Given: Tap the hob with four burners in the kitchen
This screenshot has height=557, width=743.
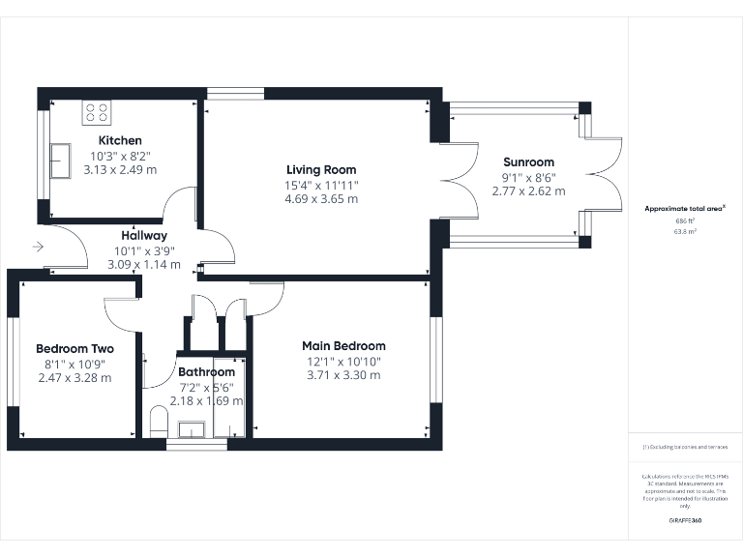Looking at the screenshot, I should click(x=97, y=112).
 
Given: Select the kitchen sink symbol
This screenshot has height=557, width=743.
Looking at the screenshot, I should click(x=61, y=155).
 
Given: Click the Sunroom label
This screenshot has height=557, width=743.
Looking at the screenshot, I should click(x=528, y=162).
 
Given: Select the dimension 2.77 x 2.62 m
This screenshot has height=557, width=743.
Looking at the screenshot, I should click(x=528, y=191).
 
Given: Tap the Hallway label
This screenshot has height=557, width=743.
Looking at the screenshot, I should click(x=144, y=235).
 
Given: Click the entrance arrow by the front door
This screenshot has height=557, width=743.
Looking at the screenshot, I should click(x=38, y=248).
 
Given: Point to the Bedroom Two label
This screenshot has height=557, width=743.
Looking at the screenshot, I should click(x=74, y=349).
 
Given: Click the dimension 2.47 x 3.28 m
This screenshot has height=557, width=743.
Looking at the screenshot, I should click(x=74, y=377).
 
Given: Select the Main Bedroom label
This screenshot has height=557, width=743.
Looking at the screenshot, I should click(x=343, y=346).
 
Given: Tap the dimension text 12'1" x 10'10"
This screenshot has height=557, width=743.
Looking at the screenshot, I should click(x=343, y=361).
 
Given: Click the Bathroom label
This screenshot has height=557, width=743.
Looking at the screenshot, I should click(x=206, y=372).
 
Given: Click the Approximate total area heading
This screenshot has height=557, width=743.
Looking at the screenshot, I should click(x=684, y=209).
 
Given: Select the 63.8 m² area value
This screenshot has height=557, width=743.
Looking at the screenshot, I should click(x=685, y=232).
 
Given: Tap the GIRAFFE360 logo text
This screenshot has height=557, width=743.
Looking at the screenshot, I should click(x=685, y=520).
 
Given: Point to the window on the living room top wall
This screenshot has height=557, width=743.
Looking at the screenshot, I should click(x=235, y=94).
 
